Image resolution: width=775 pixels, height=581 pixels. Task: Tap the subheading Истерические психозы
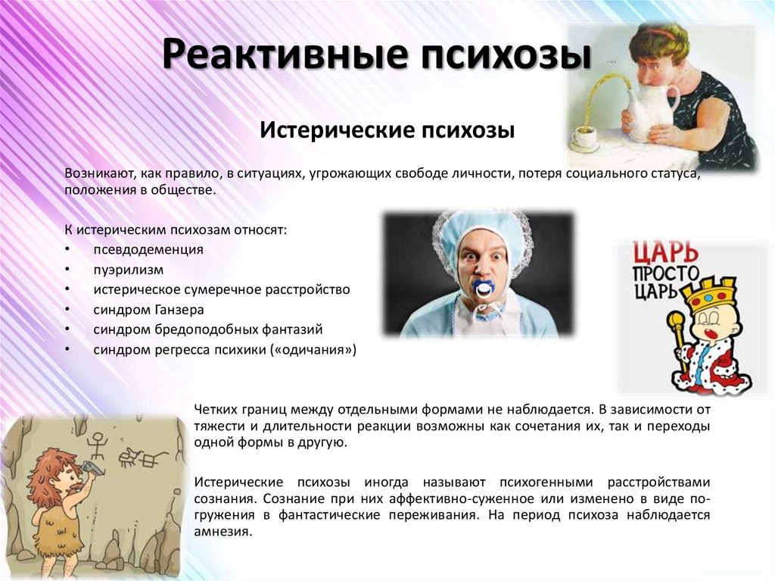(387, 130)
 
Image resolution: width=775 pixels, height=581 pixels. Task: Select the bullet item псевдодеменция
(148, 249)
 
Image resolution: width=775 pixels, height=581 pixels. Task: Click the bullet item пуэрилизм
(128, 269)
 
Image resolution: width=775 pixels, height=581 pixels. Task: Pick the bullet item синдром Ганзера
(149, 309)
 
